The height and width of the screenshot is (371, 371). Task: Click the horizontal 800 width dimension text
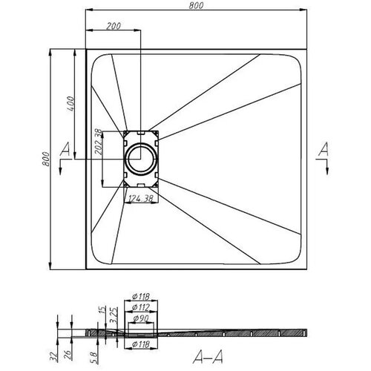tap(196, 5)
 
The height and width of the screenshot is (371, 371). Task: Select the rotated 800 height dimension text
tap(46, 159)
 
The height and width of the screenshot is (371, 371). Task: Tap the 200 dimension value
tap(114, 26)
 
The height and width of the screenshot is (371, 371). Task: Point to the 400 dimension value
tap(70, 104)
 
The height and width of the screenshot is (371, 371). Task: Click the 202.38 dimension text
tap(99, 142)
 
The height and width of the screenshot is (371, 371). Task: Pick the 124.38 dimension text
tap(141, 198)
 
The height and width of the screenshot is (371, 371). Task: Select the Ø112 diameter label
tap(141, 307)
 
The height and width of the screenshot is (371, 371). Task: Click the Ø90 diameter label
tap(141, 318)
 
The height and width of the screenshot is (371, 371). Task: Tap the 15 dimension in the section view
tap(102, 310)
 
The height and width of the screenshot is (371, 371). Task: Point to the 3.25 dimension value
tap(114, 315)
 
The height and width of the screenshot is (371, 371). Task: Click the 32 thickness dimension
tap(53, 356)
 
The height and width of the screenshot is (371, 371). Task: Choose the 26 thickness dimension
tap(68, 355)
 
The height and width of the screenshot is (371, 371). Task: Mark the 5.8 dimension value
tap(94, 358)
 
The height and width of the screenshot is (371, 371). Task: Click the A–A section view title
tap(208, 356)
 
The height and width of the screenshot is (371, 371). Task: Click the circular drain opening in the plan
tap(141, 159)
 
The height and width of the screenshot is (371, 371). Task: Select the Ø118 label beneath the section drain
tap(141, 344)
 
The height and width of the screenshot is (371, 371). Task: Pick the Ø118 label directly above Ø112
tap(141, 296)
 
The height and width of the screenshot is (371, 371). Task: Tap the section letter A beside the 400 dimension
tap(65, 149)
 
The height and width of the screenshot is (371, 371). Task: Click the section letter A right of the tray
tap(324, 149)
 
